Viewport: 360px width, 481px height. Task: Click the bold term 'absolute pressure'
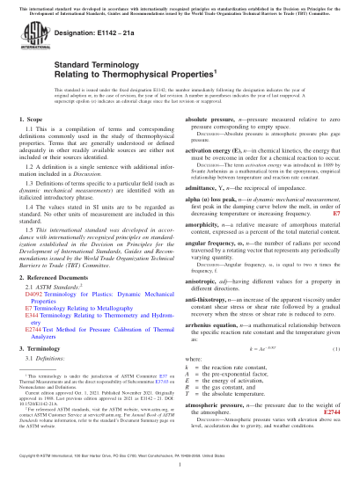(x=211, y=142)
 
